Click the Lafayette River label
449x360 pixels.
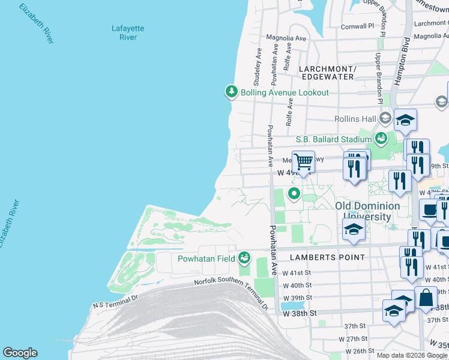point(124,32)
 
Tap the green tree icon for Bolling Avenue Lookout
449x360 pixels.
point(231,92)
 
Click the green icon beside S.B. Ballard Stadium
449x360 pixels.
point(380,139)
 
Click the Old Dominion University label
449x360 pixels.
point(367,211)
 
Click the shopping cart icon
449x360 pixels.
point(304,161)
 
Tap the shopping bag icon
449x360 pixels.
point(425,298)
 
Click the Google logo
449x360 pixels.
point(20,353)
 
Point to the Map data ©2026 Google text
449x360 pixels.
point(412,355)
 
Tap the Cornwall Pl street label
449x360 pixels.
point(357,26)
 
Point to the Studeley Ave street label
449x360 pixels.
point(257,66)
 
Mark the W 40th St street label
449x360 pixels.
point(298,285)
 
